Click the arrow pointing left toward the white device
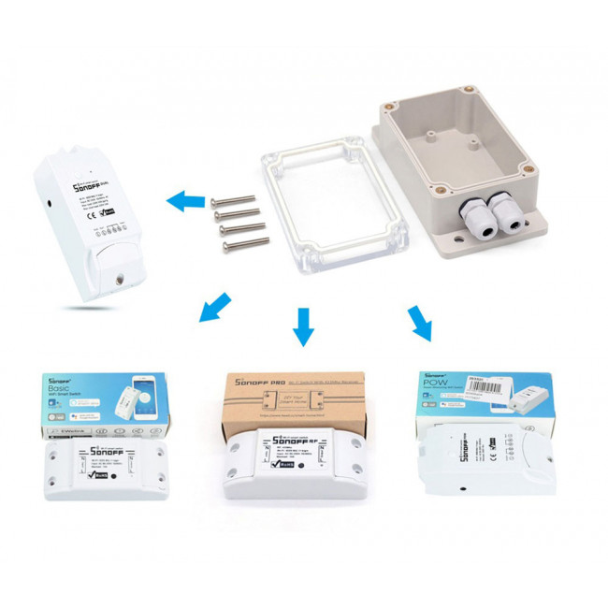click(x=186, y=198)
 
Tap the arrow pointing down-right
click(x=419, y=323)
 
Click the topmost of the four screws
click(x=233, y=200)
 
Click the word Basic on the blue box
click(x=59, y=396)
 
